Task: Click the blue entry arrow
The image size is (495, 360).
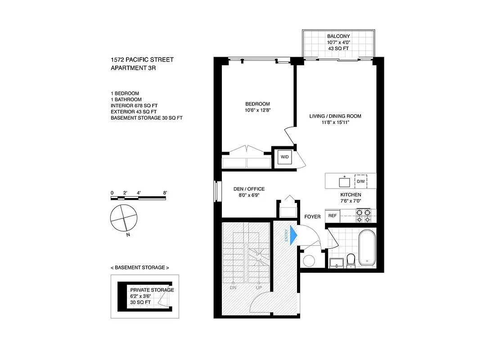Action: tap(293, 234)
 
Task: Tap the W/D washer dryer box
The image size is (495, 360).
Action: tap(284, 157)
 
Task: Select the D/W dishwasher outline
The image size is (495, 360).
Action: tap(361, 181)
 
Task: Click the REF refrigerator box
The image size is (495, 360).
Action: tap(333, 216)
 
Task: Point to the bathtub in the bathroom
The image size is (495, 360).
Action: tap(367, 247)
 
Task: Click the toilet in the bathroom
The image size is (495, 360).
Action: tap(351, 260)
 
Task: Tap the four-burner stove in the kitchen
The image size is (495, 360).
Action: tap(363, 216)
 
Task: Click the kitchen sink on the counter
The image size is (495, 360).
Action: tap(345, 181)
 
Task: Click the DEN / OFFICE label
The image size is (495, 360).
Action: tap(249, 189)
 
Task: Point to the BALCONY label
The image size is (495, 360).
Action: tap(338, 36)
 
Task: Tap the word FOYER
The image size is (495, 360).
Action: tap(312, 217)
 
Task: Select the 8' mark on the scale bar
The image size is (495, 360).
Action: tap(166, 193)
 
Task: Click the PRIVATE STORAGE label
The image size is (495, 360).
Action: tap(152, 290)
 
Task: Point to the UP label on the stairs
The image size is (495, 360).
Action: tap(259, 288)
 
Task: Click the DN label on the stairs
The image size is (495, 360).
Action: tap(233, 288)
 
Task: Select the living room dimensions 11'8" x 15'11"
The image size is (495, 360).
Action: tap(335, 123)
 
